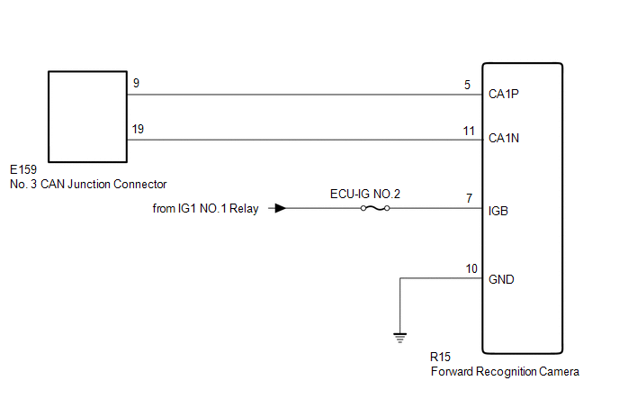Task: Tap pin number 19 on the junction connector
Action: [138, 130]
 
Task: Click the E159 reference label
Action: [23, 169]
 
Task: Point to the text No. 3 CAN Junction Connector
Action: [88, 184]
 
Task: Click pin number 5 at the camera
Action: [468, 86]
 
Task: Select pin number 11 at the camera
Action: [469, 131]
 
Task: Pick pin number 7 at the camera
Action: [469, 198]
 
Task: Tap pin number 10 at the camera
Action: [471, 268]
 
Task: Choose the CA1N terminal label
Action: [504, 140]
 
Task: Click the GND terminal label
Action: [501, 279]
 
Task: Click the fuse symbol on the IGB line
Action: [375, 208]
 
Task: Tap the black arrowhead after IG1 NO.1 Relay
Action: [281, 208]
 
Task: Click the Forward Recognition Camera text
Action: [505, 371]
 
